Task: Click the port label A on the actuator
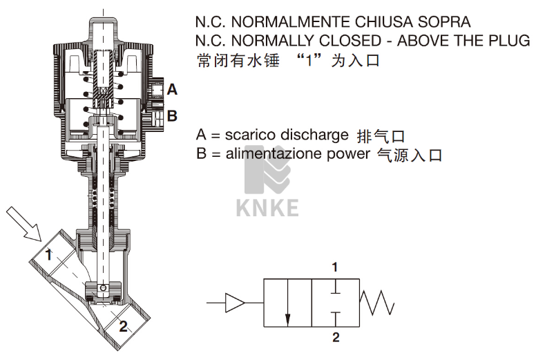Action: tap(172, 90)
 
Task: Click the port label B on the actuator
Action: tap(172, 116)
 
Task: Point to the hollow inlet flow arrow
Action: tap(24, 224)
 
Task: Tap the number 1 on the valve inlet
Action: tap(49, 254)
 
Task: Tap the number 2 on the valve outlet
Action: tap(123, 326)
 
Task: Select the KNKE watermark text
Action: tap(267, 208)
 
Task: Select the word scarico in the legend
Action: tap(249, 134)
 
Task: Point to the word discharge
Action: tap(314, 135)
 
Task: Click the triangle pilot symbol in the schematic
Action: tap(235, 303)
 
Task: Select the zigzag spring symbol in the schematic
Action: tap(377, 303)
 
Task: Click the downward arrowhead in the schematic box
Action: tap(287, 319)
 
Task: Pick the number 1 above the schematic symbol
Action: tap(335, 267)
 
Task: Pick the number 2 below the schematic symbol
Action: tap(336, 337)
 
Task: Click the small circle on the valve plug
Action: tap(102, 288)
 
